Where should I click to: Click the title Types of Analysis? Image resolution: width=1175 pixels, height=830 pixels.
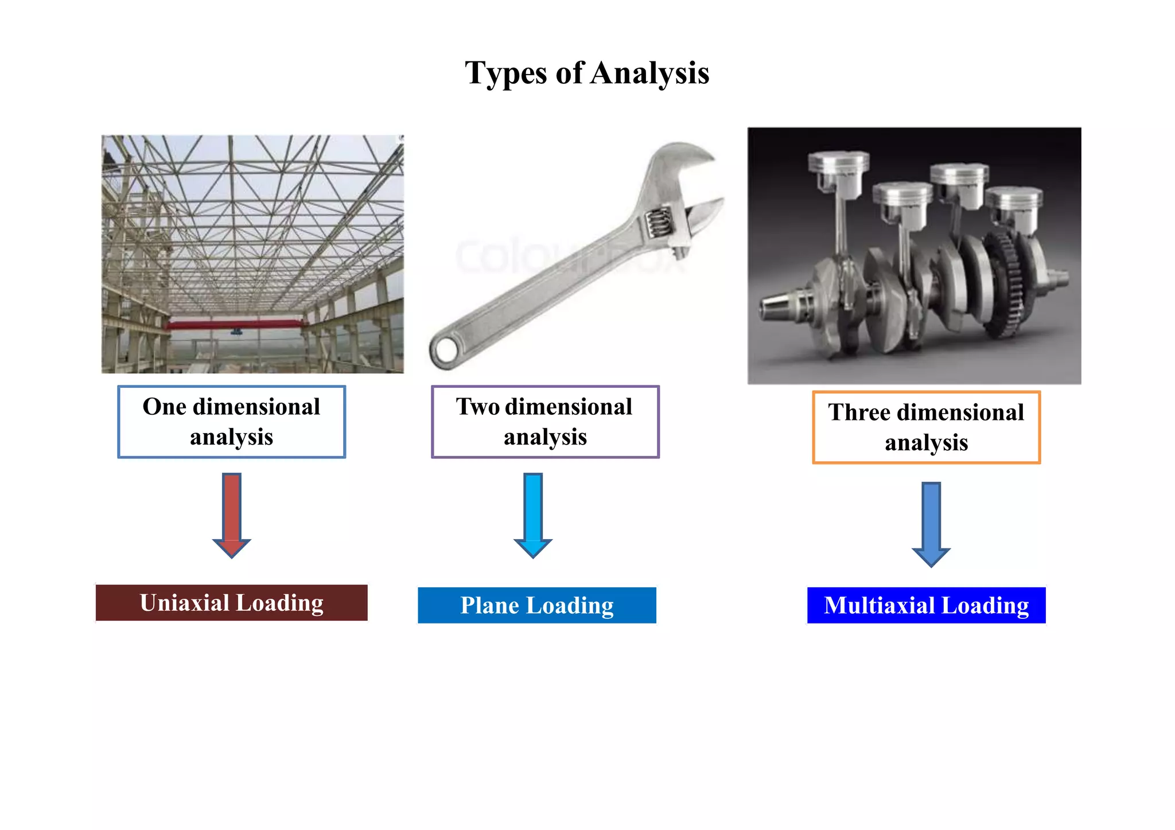pyautogui.click(x=587, y=73)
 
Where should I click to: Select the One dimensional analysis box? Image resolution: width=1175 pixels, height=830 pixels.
pyautogui.click(x=231, y=422)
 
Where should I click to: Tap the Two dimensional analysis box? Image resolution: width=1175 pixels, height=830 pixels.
pyautogui.click(x=544, y=422)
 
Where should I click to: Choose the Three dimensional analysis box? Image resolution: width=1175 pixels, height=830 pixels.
pyautogui.click(x=926, y=427)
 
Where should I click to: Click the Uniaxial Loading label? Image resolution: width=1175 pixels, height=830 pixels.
pyautogui.click(x=231, y=603)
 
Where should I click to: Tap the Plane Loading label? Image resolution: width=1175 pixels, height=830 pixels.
pyautogui.click(x=536, y=605)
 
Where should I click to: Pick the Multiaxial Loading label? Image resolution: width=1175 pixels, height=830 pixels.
pyautogui.click(x=926, y=605)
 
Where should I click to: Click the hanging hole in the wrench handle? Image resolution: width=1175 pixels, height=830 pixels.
pyautogui.click(x=445, y=349)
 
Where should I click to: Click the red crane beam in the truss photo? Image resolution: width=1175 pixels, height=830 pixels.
pyautogui.click(x=235, y=325)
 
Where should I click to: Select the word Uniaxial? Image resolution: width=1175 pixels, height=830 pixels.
pyautogui.click(x=185, y=603)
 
